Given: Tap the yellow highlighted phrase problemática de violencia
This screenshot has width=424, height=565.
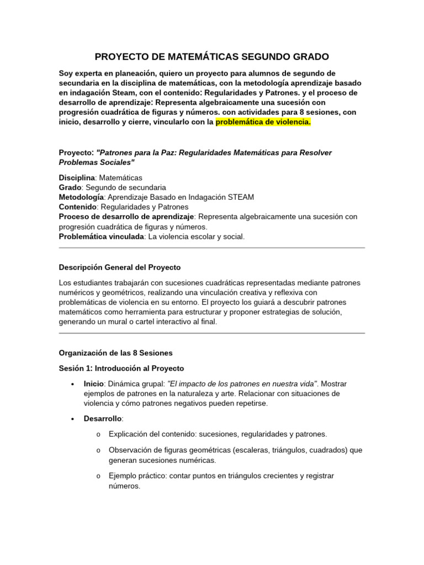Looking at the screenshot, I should pyautogui.click(x=263, y=122).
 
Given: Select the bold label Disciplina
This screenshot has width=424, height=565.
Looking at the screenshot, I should pyautogui.click(x=77, y=178).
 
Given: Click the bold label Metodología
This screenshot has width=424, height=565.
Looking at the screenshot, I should pyautogui.click(x=81, y=197).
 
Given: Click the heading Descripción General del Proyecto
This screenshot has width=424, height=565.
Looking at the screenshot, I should pyautogui.click(x=119, y=267).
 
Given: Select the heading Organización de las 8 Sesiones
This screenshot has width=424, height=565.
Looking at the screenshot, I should pyautogui.click(x=115, y=353).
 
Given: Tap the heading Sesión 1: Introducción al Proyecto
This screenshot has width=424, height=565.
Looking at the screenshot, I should pyautogui.click(x=121, y=368).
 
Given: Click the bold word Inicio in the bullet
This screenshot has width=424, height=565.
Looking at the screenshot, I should pyautogui.click(x=93, y=383).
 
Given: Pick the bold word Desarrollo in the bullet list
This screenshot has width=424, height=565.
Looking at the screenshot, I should pyautogui.click(x=103, y=418).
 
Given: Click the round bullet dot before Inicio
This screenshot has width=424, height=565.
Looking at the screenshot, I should pyautogui.click(x=73, y=384).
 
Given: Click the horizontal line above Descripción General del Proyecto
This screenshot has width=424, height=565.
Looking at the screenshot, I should pyautogui.click(x=211, y=248).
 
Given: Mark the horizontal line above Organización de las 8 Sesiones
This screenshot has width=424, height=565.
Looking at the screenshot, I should pyautogui.click(x=211, y=333).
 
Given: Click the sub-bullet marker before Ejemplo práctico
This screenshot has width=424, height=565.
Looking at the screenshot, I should pyautogui.click(x=98, y=476).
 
